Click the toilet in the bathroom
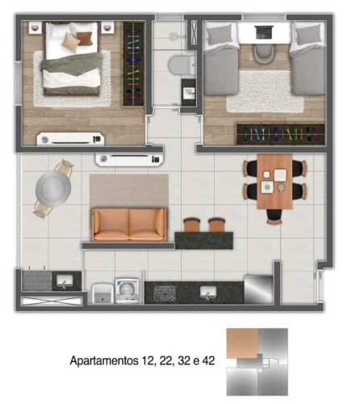182,65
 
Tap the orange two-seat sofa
129,225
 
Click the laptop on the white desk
265,32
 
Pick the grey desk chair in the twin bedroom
264,53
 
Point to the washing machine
128,291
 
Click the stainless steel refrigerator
258,289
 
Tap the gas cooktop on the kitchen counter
165,292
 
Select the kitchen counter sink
208,292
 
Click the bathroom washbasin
189,93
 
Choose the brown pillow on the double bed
85,39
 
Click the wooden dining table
274,182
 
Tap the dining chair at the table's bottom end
274,217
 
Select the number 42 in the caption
208,360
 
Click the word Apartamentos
104,360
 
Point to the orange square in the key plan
242,343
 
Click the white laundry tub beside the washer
103,293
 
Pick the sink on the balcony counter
65,281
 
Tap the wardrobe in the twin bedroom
280,134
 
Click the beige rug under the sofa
129,191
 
